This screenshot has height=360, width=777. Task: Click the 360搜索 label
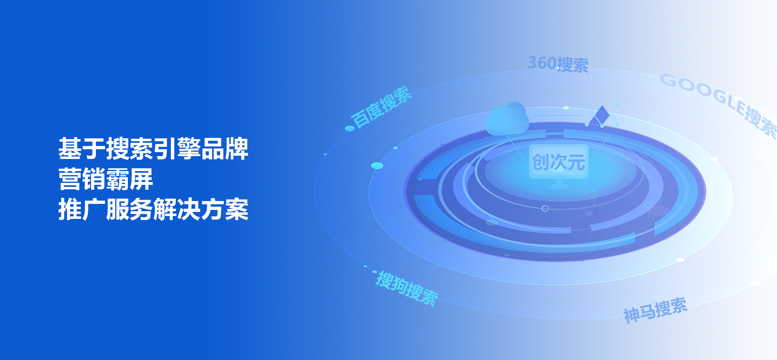tap(558, 64)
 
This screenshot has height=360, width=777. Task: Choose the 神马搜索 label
tap(655, 310)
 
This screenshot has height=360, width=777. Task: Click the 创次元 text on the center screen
tap(558, 162)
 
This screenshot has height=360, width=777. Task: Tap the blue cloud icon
tap(507, 118)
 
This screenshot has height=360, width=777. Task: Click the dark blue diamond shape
tap(602, 115)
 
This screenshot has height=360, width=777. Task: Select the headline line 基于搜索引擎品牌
tap(153, 148)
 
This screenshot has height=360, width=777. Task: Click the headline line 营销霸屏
tap(106, 179)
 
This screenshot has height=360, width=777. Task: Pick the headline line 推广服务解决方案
tap(153, 209)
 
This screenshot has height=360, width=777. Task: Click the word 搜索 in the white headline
tap(129, 148)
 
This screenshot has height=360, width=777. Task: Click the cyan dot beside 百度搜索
tap(350, 128)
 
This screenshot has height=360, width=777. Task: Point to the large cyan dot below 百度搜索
tap(377, 165)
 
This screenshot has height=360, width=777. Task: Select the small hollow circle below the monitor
tap(545, 208)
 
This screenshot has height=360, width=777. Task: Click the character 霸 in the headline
tap(118, 179)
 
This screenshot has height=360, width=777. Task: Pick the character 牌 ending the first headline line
tap(237, 148)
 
